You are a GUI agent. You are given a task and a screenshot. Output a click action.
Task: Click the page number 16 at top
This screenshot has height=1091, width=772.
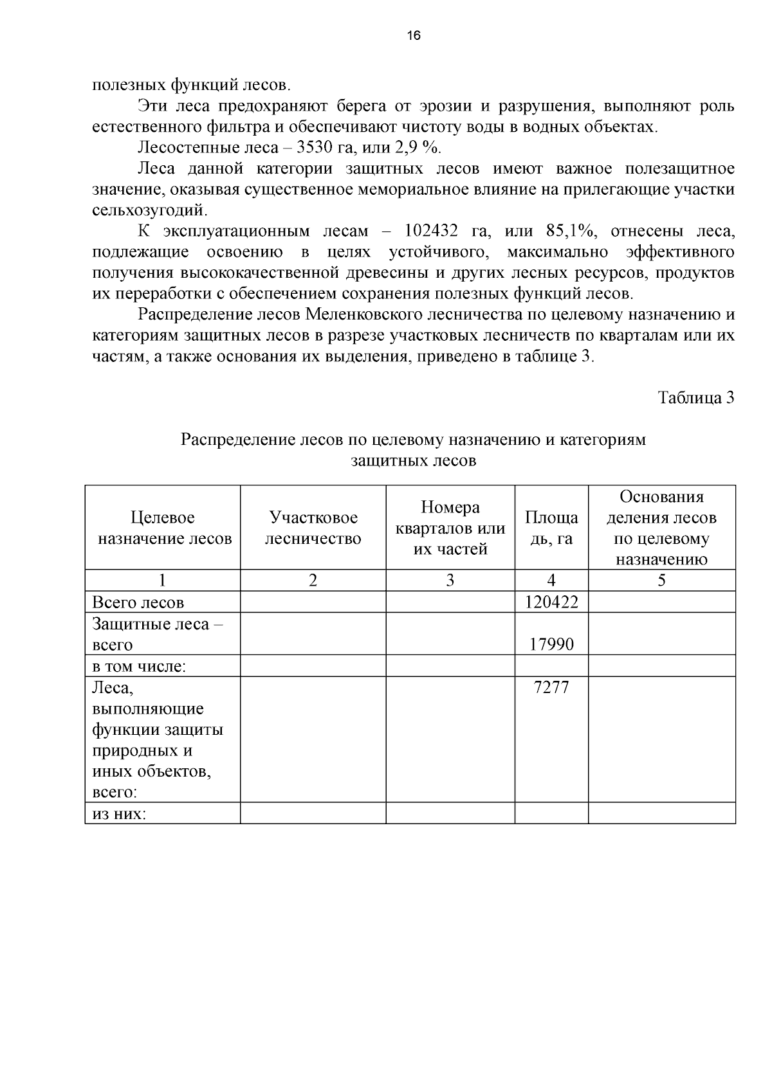[413, 36]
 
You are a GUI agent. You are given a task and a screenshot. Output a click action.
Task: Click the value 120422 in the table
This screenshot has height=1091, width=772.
[551, 602]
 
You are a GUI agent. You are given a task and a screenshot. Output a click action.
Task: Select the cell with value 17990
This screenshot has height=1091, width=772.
[551, 644]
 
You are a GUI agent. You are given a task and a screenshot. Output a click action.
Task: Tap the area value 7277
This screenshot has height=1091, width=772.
[551, 687]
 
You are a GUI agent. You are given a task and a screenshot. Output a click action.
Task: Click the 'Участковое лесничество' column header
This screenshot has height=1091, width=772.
[313, 528]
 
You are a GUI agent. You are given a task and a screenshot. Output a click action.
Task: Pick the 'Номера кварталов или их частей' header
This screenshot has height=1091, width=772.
[450, 528]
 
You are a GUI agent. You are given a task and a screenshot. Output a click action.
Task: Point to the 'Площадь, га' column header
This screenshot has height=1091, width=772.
[551, 528]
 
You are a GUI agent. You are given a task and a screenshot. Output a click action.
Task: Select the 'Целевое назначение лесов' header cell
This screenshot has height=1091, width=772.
[163, 528]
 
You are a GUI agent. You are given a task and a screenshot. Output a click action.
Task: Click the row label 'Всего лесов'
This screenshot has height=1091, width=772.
[138, 602]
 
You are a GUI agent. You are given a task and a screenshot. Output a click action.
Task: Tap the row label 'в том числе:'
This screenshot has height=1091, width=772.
[139, 666]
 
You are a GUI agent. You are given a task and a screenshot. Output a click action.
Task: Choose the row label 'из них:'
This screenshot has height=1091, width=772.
[120, 814]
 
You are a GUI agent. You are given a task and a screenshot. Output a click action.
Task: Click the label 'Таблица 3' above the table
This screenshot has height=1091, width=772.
[696, 397]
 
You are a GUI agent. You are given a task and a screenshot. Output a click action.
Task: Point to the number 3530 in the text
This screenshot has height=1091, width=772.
[314, 148]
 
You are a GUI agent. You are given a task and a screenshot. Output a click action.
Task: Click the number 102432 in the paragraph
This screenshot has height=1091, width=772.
[431, 231]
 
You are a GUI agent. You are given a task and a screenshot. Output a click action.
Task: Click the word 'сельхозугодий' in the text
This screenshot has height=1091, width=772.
[150, 210]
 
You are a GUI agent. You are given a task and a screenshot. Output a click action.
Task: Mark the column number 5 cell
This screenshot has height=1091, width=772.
[661, 581]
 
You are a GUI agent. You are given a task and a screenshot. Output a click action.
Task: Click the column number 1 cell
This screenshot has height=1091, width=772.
[162, 581]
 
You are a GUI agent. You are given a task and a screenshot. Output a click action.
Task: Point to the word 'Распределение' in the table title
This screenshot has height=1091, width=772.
[230, 440]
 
